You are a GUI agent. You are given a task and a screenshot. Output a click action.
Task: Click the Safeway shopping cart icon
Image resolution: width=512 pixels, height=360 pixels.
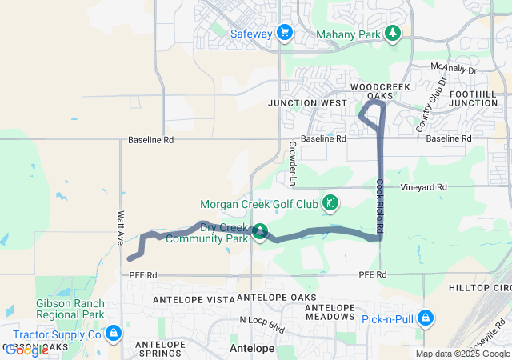point(284,33)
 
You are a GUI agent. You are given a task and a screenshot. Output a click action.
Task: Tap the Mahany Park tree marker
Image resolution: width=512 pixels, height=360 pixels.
point(392,33)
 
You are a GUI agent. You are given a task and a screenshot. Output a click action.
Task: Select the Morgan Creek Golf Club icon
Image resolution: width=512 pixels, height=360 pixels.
point(329,202)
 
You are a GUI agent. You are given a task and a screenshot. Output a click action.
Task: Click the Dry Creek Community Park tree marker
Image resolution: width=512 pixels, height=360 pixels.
point(259,232)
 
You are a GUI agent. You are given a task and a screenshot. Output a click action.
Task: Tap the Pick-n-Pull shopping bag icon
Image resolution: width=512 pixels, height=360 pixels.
point(426,318)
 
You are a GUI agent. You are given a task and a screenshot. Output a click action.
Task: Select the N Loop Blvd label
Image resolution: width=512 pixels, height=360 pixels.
point(262,325)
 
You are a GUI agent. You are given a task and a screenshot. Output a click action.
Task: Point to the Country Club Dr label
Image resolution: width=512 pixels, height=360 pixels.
point(431,106)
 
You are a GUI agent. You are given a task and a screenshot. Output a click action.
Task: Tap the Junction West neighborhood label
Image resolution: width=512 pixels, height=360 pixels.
point(308,103)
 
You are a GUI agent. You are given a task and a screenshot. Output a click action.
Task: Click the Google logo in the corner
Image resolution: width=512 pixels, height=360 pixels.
point(26,350)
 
